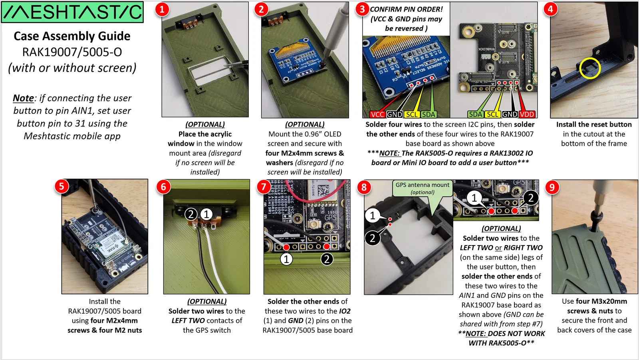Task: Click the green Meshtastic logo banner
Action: [x=72, y=12]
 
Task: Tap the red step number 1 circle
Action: [x=162, y=9]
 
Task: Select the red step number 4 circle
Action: [x=550, y=9]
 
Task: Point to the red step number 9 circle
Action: [x=552, y=187]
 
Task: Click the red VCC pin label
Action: [x=377, y=115]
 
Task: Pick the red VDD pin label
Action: [x=527, y=115]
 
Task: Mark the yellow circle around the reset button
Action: [x=590, y=68]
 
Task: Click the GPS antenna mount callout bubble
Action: [x=423, y=188]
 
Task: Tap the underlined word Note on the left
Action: [x=23, y=98]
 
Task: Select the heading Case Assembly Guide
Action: [x=72, y=36]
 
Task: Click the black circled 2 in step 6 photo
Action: [x=191, y=214]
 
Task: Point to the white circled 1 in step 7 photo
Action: [x=286, y=259]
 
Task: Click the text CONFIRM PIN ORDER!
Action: [x=406, y=9]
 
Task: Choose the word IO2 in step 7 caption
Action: [x=345, y=311]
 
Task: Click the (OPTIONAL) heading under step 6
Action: [x=207, y=301]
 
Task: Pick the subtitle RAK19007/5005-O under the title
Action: [x=72, y=52]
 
